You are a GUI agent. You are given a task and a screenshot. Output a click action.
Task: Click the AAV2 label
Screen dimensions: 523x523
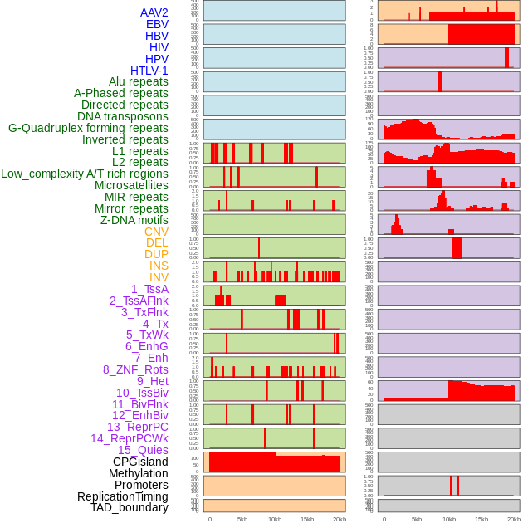click(x=154, y=12)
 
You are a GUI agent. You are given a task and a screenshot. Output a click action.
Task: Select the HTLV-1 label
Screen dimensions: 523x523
click(x=149, y=71)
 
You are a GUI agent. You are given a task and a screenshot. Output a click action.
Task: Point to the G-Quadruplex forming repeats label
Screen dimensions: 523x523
click(x=88, y=128)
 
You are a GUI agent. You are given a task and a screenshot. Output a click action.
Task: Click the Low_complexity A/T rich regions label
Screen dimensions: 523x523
click(x=85, y=174)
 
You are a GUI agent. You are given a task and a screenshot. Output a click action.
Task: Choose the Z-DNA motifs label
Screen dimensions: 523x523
click(x=134, y=220)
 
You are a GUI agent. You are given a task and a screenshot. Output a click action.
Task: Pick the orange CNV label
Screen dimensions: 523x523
click(x=156, y=232)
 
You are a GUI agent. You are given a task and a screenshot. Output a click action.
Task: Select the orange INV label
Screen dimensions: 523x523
click(x=159, y=277)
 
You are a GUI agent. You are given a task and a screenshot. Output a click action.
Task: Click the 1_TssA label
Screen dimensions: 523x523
click(x=149, y=289)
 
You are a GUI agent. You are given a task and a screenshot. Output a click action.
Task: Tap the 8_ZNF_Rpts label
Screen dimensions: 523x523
click(x=135, y=369)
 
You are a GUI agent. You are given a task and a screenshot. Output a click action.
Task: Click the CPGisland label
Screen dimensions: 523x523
click(x=140, y=462)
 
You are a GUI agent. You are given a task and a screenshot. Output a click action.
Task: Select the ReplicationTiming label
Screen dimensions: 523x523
click(x=123, y=496)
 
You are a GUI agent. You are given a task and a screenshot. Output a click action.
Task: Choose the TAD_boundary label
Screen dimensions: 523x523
click(x=130, y=507)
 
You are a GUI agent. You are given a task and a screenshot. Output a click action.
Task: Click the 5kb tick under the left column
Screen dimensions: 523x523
click(x=242, y=519)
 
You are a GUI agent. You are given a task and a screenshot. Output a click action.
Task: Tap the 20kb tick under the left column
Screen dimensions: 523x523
click(x=340, y=519)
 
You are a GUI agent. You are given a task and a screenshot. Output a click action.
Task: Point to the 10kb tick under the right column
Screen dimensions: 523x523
click(x=449, y=519)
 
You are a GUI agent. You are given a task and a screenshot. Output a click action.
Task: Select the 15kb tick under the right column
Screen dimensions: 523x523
click(x=481, y=519)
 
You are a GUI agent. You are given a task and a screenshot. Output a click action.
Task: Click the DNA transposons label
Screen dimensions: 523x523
click(x=123, y=116)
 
